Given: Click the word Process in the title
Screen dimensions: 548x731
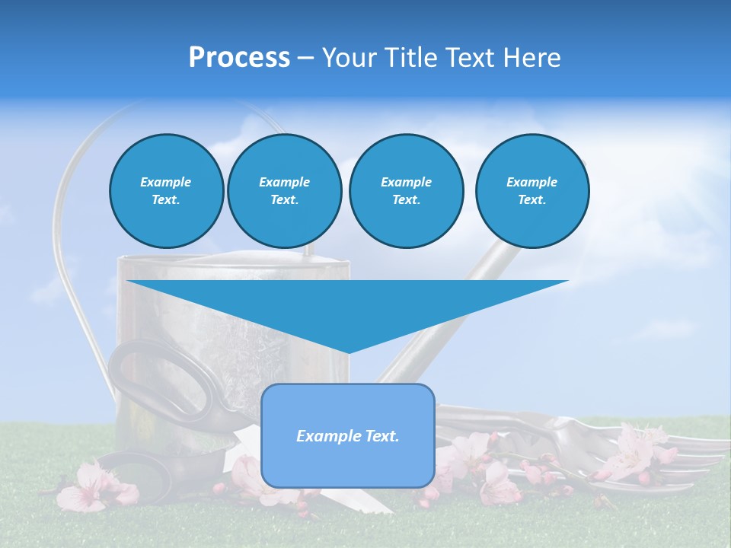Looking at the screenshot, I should (x=239, y=58).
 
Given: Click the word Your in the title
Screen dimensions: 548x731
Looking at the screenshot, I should (x=350, y=58).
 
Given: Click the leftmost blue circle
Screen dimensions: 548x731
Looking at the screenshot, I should (x=166, y=191).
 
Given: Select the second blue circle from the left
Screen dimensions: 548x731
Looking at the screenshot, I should (x=284, y=191).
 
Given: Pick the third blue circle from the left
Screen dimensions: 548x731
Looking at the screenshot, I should (x=406, y=191).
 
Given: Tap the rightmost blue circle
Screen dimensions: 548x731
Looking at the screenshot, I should (x=531, y=191).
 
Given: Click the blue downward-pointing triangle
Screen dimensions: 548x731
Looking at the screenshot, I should (x=347, y=304).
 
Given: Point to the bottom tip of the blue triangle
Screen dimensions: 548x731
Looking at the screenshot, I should (x=348, y=352).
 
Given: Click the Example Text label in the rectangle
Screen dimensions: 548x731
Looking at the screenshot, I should (x=348, y=436).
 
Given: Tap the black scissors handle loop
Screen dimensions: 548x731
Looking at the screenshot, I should (x=164, y=377).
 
